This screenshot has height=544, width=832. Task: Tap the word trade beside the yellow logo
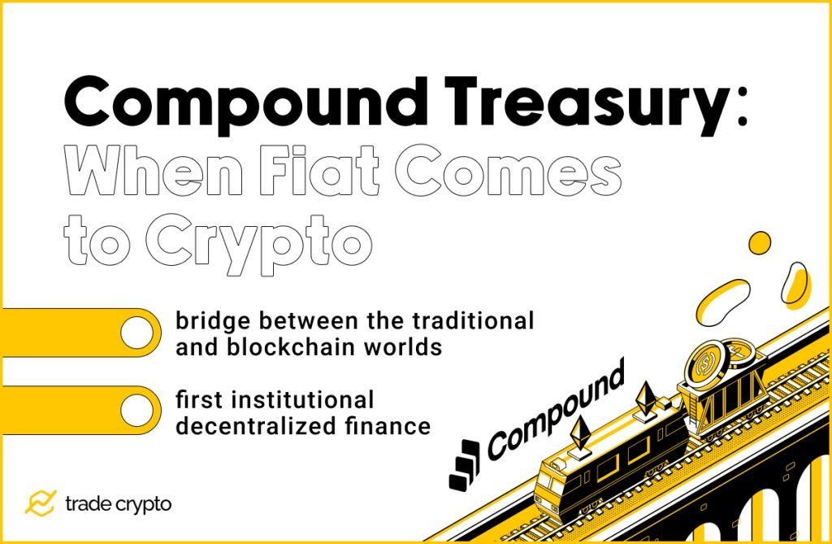[89, 504]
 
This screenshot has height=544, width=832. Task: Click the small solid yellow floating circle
[760, 242]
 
